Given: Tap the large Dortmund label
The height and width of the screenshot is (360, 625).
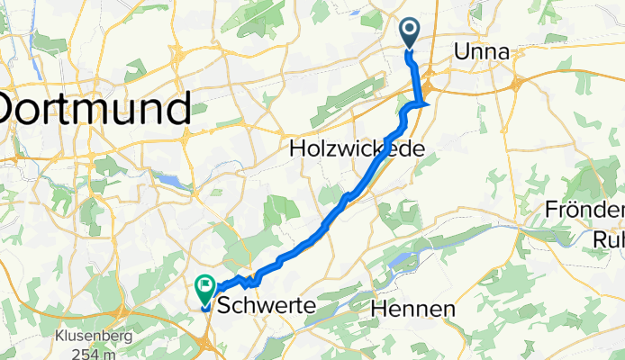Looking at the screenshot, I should [x=95, y=108].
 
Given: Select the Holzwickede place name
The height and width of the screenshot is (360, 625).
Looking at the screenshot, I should [x=356, y=148].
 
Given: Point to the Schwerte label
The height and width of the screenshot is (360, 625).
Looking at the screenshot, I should [x=267, y=306].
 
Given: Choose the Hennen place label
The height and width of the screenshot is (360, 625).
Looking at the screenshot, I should [x=412, y=309].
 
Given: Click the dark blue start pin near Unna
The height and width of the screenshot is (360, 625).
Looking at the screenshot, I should [x=409, y=32].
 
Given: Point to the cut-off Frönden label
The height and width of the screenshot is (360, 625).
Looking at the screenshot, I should [x=585, y=211].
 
